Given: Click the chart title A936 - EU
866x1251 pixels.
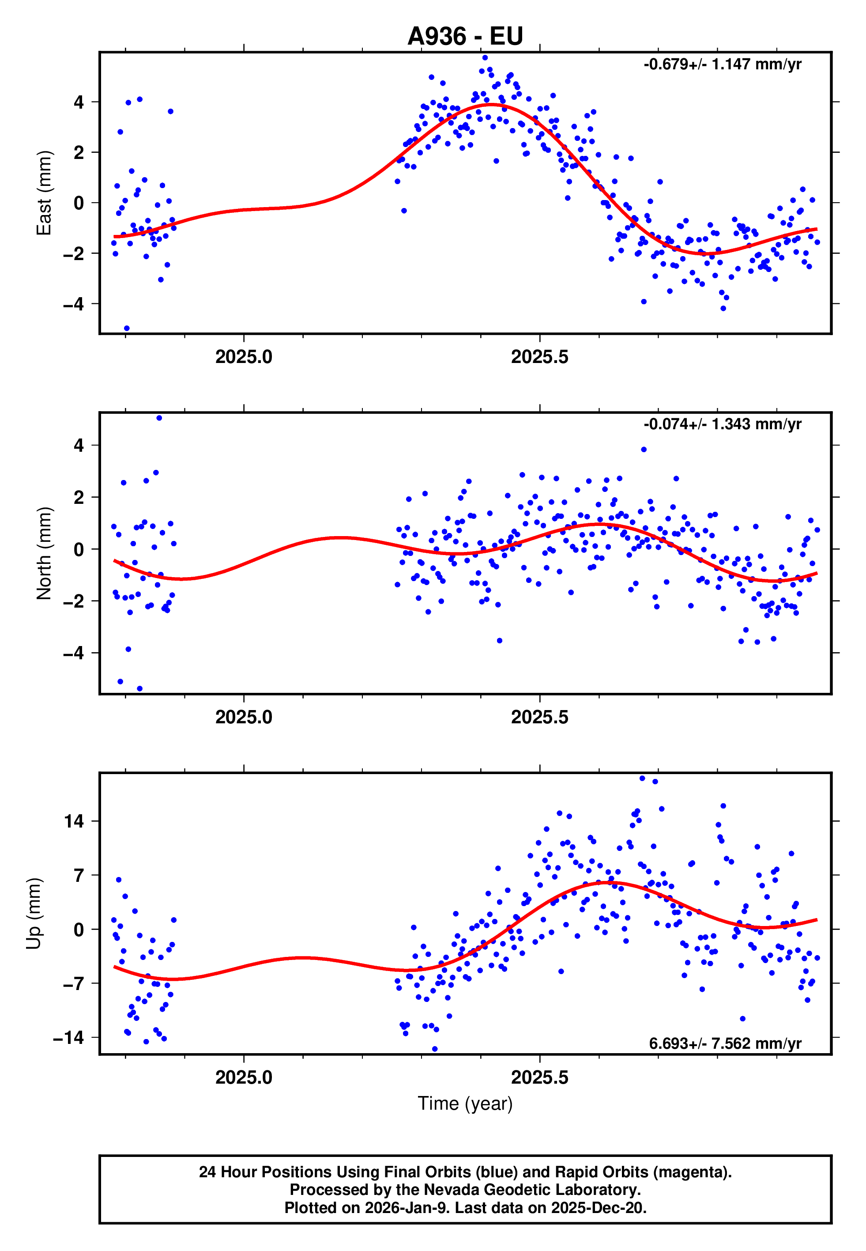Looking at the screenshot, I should pos(465,36).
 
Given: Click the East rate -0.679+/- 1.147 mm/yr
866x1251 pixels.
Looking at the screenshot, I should pos(722,64).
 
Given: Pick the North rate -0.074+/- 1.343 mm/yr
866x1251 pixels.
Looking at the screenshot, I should pos(722,424).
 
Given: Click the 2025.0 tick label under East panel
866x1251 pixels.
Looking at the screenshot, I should pos(244,357).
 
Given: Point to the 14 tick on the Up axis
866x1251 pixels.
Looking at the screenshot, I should pos(74,821).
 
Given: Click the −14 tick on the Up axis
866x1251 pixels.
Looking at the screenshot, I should pos(68,1037).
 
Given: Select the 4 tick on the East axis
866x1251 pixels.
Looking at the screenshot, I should pos(79,102).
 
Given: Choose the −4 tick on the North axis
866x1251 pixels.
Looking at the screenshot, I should pos(74,653).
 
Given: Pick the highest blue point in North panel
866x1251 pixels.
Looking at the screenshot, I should pos(159,418).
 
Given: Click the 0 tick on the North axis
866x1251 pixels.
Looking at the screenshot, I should pos(79,549).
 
